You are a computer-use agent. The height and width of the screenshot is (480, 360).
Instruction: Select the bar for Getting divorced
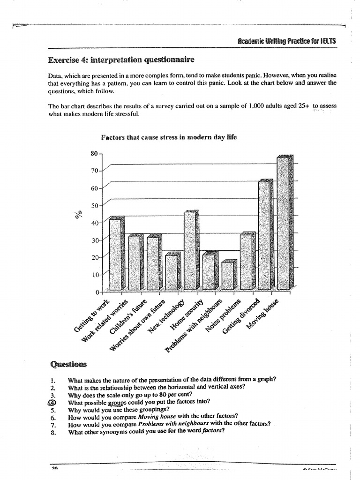click(265, 234)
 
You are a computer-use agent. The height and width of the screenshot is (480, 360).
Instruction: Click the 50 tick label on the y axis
click(95, 205)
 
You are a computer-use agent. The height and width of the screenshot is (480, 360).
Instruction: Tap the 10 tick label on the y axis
click(95, 275)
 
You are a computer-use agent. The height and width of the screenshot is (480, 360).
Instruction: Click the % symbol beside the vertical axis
click(78, 214)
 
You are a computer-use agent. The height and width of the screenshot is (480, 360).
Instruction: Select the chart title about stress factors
click(169, 137)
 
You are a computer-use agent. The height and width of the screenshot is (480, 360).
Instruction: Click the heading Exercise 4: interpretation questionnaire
click(120, 60)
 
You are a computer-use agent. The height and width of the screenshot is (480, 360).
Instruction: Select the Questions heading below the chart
click(67, 364)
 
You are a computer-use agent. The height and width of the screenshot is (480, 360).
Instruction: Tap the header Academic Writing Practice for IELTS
click(287, 41)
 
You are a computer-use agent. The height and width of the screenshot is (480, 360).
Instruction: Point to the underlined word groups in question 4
click(118, 402)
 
